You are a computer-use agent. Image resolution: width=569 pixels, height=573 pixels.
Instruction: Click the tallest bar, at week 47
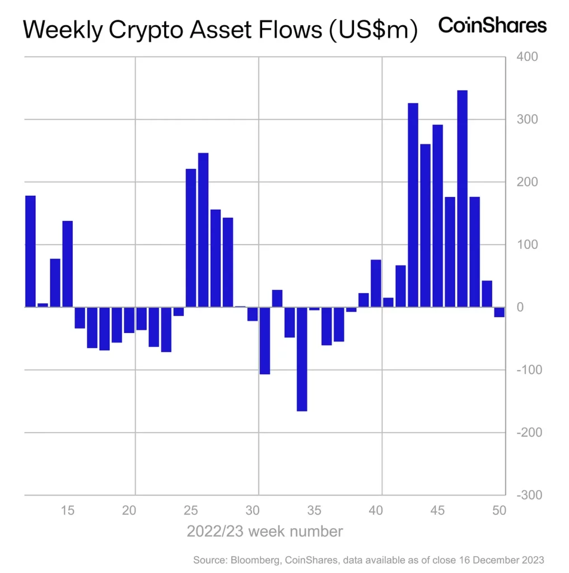(462, 199)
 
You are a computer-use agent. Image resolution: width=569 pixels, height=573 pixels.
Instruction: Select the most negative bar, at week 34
(302, 359)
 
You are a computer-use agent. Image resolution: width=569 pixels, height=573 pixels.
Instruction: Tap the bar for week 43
(413, 205)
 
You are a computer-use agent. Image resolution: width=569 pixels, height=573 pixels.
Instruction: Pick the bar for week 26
(203, 229)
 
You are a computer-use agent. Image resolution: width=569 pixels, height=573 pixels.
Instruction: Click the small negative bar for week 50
(499, 312)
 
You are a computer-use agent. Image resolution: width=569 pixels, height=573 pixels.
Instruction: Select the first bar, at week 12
(30, 251)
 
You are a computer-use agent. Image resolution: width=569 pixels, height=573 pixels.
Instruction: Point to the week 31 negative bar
(265, 340)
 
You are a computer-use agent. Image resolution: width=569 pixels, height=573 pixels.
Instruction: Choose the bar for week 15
(67, 264)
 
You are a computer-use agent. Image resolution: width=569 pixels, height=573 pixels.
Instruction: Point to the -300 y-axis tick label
(529, 495)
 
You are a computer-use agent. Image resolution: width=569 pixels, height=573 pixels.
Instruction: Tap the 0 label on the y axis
(520, 307)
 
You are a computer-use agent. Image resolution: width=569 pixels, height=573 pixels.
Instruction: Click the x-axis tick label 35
(314, 510)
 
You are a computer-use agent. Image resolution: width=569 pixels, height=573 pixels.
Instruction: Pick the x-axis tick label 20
(129, 510)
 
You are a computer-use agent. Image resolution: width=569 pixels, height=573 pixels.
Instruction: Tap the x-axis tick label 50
(499, 510)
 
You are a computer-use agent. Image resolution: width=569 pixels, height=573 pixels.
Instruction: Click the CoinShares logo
(492, 25)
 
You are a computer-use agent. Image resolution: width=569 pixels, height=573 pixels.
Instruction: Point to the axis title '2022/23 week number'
(264, 530)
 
